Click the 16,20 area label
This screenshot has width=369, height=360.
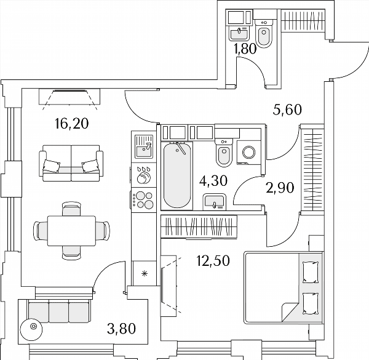71,124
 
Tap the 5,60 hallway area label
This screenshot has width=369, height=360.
287,110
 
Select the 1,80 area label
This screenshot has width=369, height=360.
245,49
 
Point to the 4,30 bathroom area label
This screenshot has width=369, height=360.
213,181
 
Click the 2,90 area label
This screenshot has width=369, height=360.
280,188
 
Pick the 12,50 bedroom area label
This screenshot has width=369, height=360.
213,261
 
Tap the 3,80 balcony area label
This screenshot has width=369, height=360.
121,329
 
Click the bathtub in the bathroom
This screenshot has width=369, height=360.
177,175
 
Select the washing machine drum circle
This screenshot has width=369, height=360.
248,152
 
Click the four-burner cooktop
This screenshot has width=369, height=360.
143,200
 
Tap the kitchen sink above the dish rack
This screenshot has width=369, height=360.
143,146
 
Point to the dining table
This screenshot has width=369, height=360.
71,231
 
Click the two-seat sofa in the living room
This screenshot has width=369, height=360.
71,163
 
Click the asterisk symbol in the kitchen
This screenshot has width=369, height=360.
145,273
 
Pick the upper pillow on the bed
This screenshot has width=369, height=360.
310,272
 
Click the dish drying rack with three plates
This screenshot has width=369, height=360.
143,175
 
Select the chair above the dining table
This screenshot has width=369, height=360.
71,209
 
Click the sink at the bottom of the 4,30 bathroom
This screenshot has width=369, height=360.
215,202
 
